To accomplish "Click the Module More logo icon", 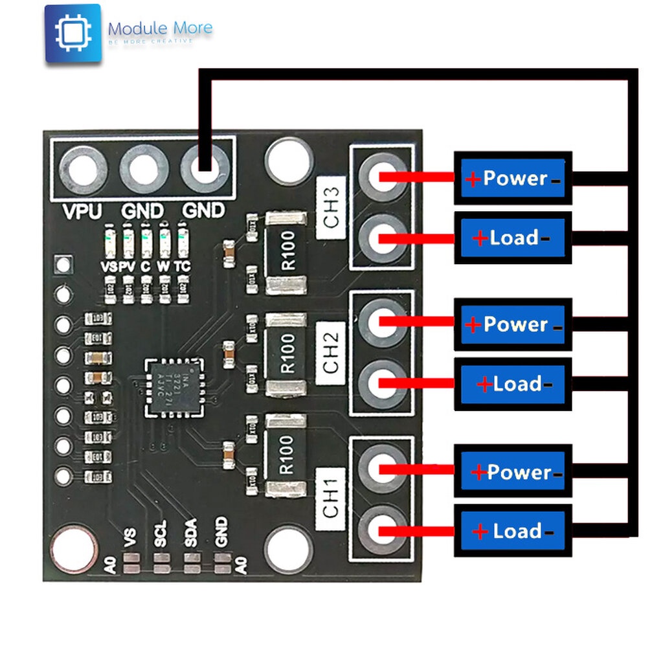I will (73, 33).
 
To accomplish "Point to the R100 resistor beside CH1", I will (286, 455).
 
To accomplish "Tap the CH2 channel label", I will (331, 354).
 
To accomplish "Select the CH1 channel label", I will (331, 500).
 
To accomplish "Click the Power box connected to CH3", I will (513, 178).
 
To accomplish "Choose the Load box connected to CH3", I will (513, 238).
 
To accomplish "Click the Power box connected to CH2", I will (513, 324).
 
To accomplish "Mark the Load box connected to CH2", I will (513, 384).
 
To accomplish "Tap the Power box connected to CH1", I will (513, 471).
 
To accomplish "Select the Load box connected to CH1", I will (513, 531).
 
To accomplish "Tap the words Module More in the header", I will (160, 29).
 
